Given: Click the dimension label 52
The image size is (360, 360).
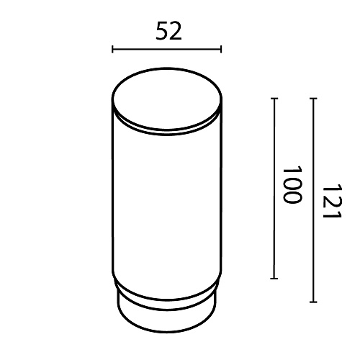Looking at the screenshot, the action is pyautogui.click(x=168, y=31).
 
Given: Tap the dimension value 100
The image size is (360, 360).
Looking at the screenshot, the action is pyautogui.click(x=292, y=184).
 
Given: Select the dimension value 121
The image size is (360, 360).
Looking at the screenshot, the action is pyautogui.click(x=332, y=201).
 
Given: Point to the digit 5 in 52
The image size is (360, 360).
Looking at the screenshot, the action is pyautogui.click(x=162, y=31).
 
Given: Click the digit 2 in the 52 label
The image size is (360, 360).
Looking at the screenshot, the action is pyautogui.click(x=176, y=31).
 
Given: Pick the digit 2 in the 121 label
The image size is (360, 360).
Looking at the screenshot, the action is pyautogui.click(x=332, y=201).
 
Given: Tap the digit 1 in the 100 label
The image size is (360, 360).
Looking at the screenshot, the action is pyautogui.click(x=292, y=170).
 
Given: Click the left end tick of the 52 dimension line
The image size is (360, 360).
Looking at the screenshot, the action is pyautogui.click(x=112, y=49).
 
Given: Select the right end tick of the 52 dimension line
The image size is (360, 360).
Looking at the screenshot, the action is pyautogui.click(x=221, y=49).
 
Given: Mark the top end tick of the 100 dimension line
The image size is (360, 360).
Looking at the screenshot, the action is pyautogui.click(x=274, y=99).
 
